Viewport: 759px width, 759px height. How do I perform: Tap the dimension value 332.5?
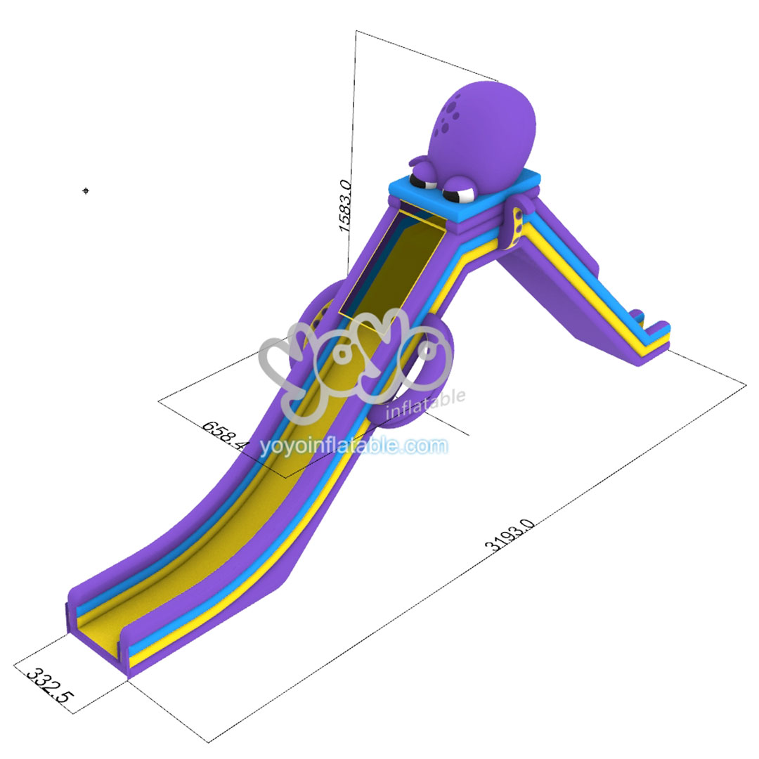49,686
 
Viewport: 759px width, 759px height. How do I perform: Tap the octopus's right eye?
462,189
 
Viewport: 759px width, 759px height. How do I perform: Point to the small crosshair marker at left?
86,190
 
